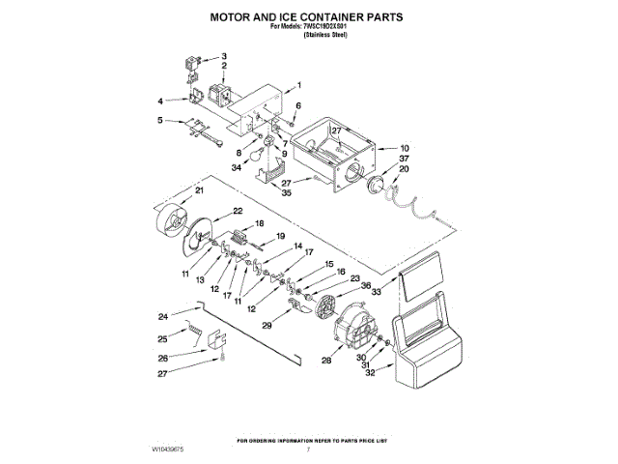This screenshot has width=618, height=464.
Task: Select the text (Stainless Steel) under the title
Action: click(x=325, y=35)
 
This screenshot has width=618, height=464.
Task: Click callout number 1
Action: click(x=298, y=85)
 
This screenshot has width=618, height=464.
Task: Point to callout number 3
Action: click(x=224, y=56)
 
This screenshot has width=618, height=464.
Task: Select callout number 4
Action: click(x=160, y=101)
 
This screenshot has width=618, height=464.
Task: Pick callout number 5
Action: click(x=160, y=121)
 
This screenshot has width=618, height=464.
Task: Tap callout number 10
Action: click(x=405, y=149)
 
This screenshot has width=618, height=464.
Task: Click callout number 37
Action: click(x=405, y=159)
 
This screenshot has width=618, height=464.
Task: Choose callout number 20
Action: click(x=405, y=169)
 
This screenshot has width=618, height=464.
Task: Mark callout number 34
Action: click(x=236, y=167)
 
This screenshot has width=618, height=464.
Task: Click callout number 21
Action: click(x=200, y=190)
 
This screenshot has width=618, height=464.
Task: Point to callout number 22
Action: click(x=237, y=211)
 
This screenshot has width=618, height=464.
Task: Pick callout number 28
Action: click(x=325, y=360)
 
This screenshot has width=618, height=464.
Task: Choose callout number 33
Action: click(x=378, y=291)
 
